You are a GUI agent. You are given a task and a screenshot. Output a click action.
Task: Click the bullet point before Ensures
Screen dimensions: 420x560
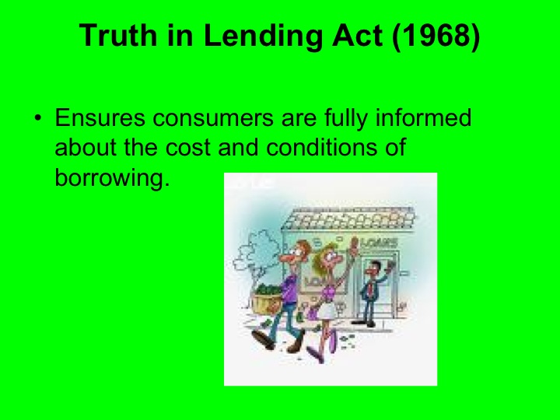37,121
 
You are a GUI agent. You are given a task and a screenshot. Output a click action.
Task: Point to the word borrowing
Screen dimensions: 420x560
111,177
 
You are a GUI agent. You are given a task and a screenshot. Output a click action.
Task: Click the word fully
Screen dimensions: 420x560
345,120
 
